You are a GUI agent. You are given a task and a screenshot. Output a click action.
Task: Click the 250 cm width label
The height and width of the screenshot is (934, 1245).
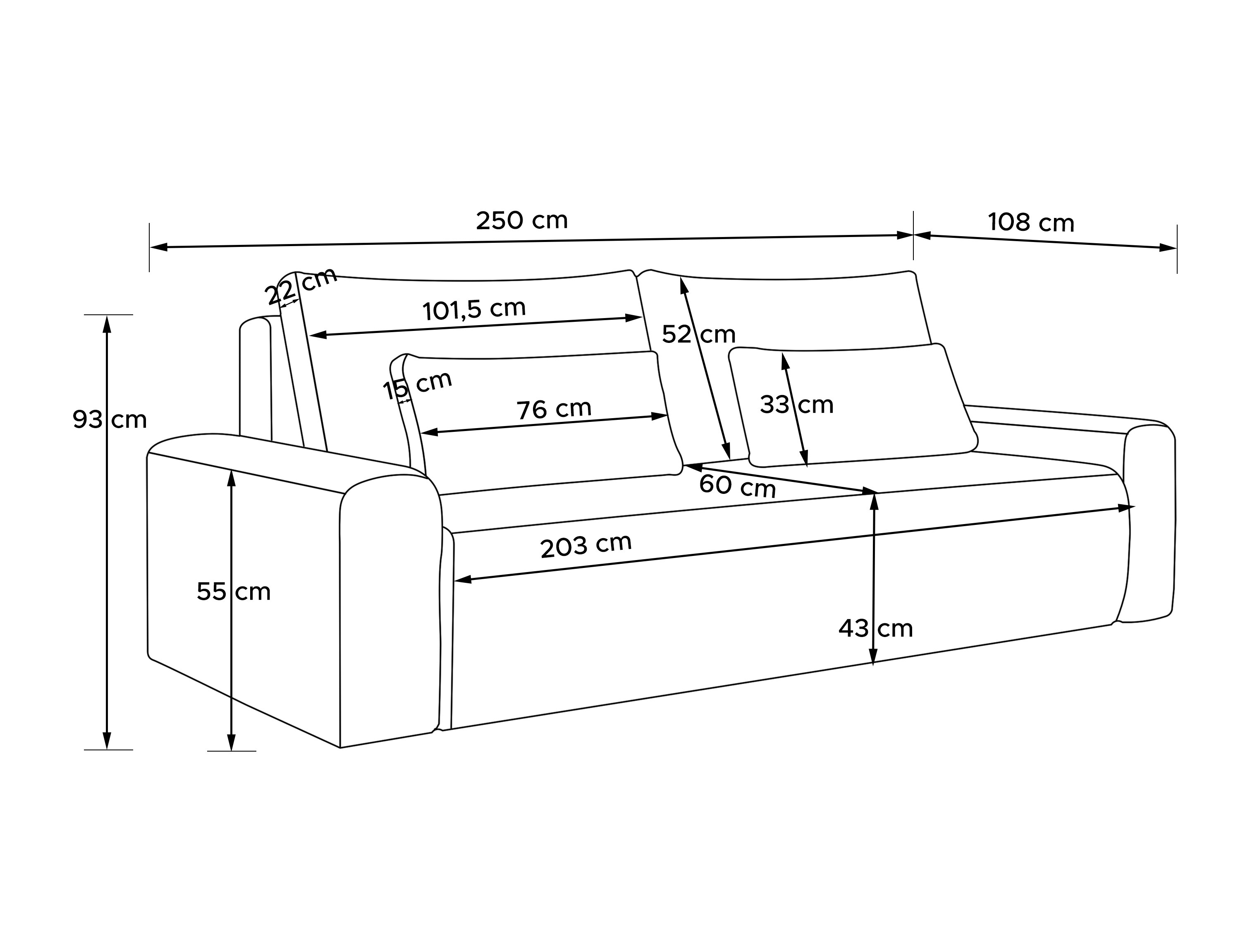(522, 221)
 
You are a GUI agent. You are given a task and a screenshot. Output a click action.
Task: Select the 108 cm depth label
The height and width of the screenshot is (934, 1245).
(1031, 223)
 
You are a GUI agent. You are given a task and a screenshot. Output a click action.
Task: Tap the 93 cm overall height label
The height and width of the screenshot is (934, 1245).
(110, 419)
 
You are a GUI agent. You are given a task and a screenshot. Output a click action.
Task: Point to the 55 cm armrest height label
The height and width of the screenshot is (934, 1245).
(234, 592)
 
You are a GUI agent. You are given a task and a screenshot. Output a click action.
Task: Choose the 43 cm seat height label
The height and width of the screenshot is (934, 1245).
(876, 628)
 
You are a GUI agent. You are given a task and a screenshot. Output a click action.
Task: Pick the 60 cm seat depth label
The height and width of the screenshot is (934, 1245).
(737, 486)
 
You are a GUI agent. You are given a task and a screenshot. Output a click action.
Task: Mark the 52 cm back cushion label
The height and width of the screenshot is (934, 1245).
(698, 334)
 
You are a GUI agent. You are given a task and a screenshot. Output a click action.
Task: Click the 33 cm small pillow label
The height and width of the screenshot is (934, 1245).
(796, 405)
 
